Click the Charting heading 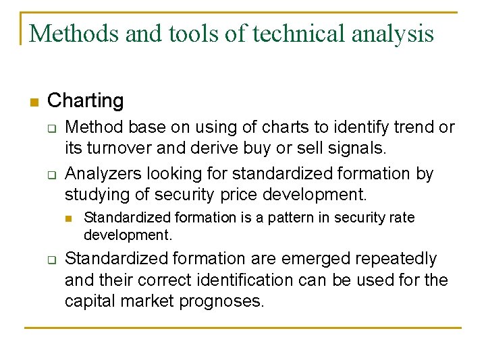(x=86, y=101)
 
